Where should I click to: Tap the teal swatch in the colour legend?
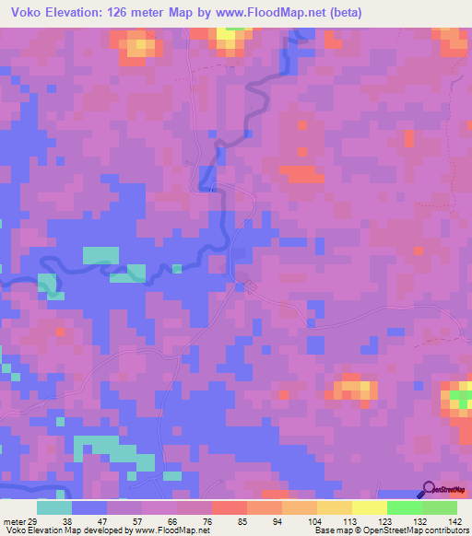click(x=54, y=507)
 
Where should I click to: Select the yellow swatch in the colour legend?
click(x=369, y=507)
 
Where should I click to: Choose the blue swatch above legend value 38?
click(x=89, y=507)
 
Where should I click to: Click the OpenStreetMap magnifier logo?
click(x=430, y=489)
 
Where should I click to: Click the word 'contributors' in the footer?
click(x=443, y=530)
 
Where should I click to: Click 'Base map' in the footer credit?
click(x=333, y=530)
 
